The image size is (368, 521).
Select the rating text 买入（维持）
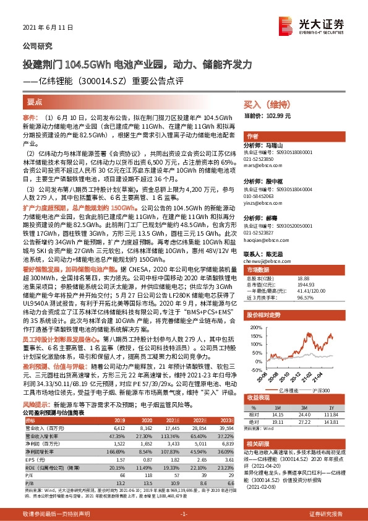[262, 106]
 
